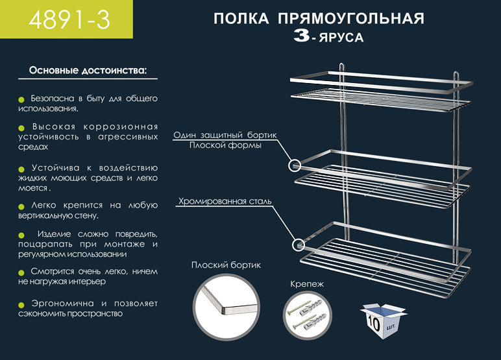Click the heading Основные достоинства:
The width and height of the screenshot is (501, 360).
(x=88, y=69)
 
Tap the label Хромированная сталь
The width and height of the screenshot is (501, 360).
(x=225, y=202)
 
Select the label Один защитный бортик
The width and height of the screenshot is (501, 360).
(x=225, y=136)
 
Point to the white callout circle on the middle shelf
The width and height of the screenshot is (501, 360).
(x=295, y=165)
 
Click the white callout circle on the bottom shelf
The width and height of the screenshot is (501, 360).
(x=299, y=245)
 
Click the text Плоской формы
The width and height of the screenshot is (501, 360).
(x=225, y=145)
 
